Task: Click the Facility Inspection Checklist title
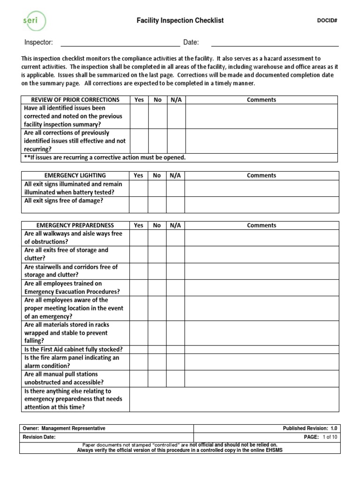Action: coord(180,21)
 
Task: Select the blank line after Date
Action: coord(275,43)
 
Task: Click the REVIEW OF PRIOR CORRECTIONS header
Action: coord(75,100)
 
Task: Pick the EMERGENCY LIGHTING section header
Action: coord(75,176)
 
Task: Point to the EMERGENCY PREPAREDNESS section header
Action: coord(75,225)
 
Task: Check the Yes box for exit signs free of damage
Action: coord(139,205)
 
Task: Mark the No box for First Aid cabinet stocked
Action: coord(157,350)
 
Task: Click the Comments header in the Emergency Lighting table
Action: coord(261,176)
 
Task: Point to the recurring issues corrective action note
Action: coord(105,157)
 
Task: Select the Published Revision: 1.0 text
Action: coord(310,428)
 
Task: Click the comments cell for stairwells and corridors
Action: coord(261,271)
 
